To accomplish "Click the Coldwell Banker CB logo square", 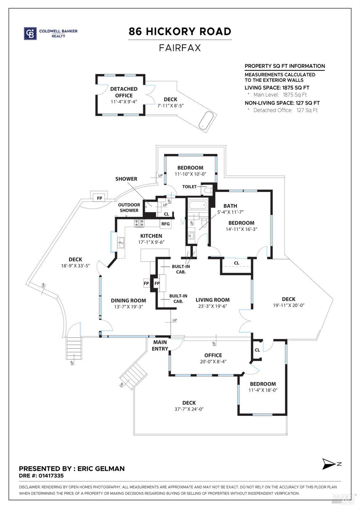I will [x=30, y=33].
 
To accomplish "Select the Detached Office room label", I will [x=124, y=92].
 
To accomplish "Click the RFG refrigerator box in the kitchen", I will [x=165, y=224].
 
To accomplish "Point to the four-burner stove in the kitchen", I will [x=139, y=223].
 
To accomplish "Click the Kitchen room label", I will [x=151, y=236].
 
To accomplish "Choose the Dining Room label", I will [x=128, y=300].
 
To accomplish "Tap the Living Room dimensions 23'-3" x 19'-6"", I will [x=213, y=306].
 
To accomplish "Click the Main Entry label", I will [x=160, y=346].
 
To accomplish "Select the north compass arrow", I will [x=329, y=464].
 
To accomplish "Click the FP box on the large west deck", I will [x=100, y=198].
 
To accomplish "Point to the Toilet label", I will [x=190, y=187].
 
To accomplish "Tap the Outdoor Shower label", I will [x=129, y=208].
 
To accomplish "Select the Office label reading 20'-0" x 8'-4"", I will [x=213, y=358].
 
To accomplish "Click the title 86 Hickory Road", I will [x=180, y=32].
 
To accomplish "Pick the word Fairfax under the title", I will [x=180, y=48].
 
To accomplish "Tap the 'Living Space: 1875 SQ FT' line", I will [x=277, y=88].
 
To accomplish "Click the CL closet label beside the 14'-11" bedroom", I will [x=236, y=263].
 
